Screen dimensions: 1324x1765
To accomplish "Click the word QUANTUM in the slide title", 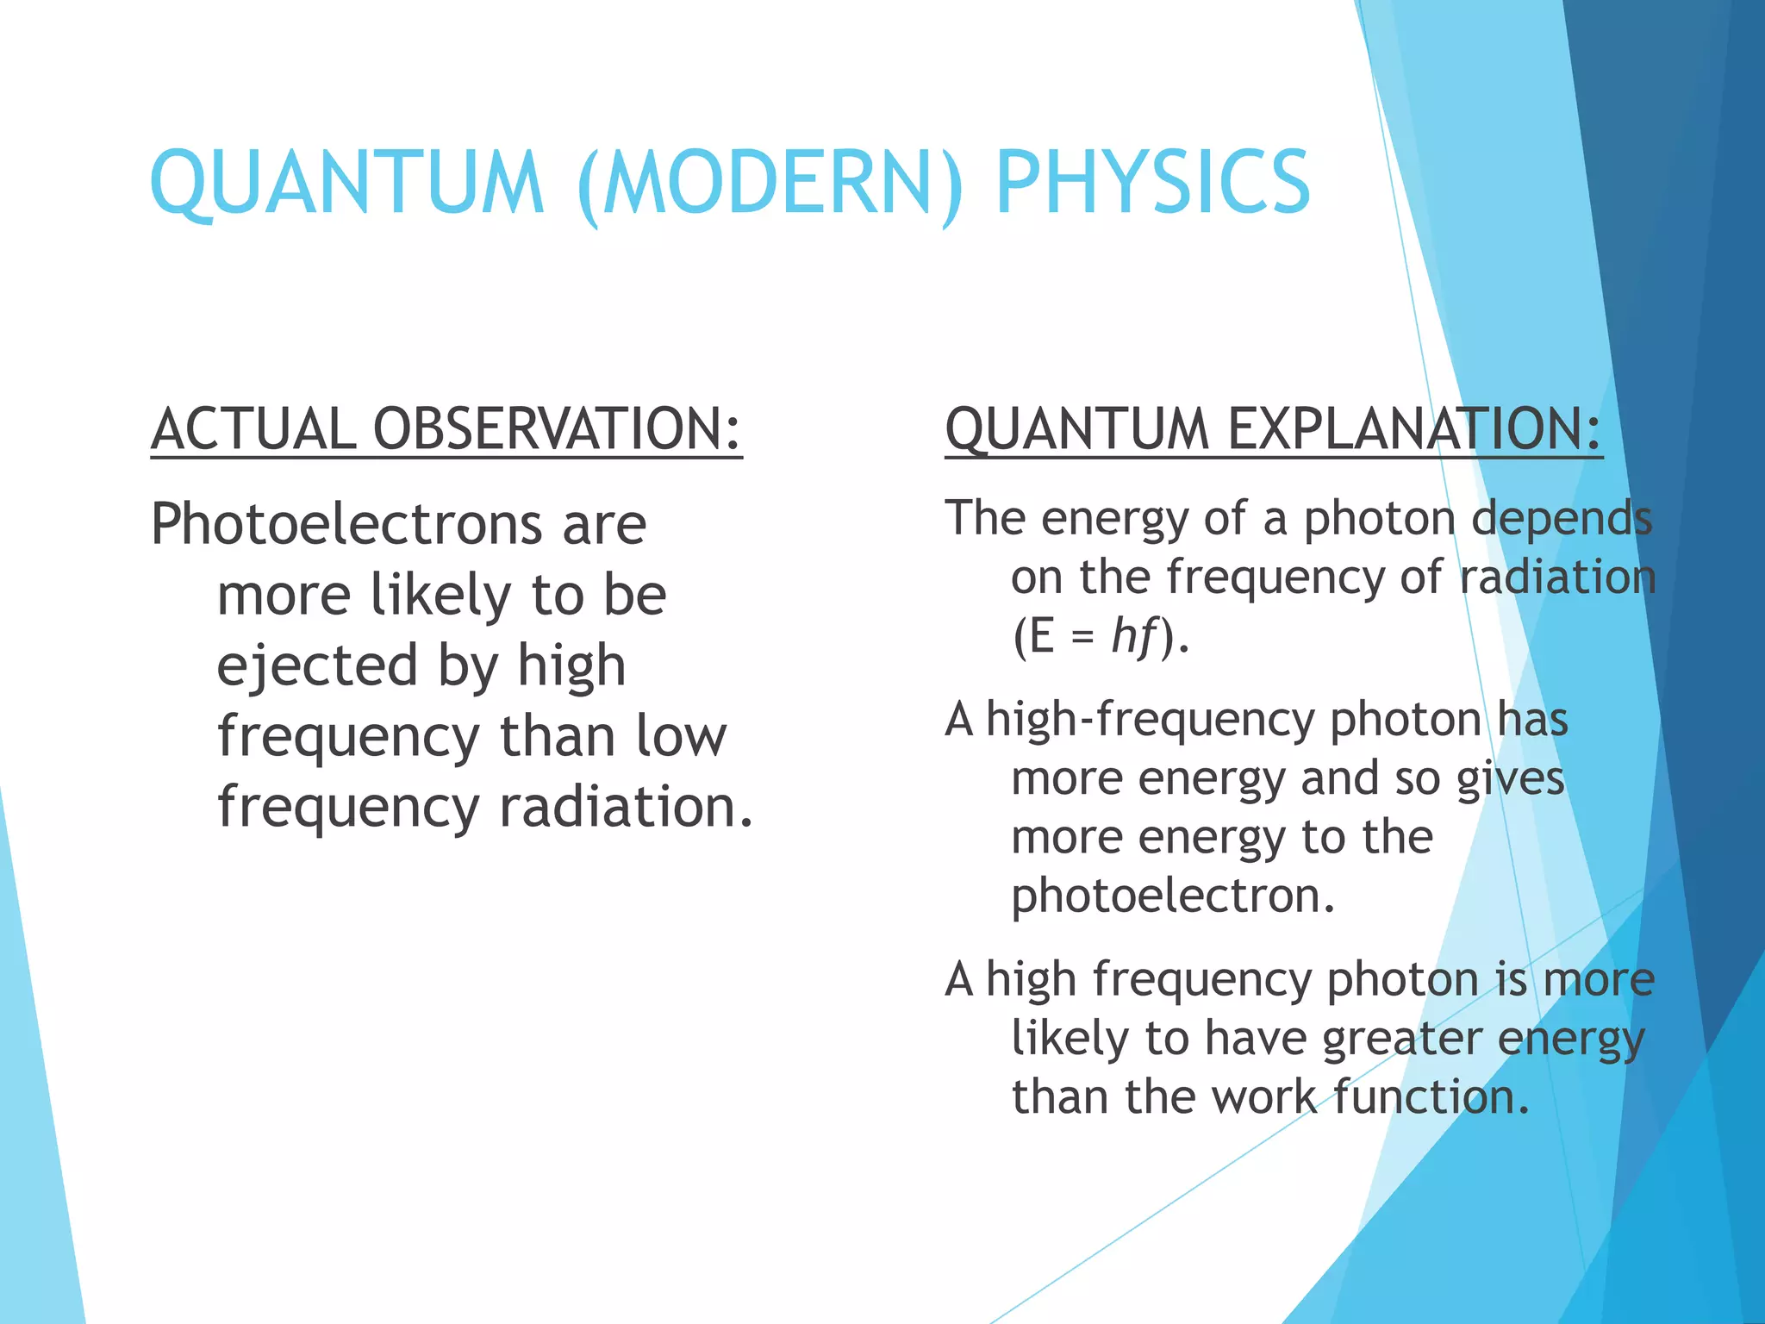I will tap(347, 183).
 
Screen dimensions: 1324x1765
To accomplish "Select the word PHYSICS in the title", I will tap(1152, 183).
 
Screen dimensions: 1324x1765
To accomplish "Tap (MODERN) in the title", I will tap(770, 183).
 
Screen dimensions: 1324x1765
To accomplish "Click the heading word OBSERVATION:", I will tap(557, 428).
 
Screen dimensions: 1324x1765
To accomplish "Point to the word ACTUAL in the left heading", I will tap(253, 428).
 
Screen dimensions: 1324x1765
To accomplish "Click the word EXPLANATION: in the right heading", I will tap(1414, 428).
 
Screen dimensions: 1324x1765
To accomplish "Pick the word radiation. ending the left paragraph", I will tap(627, 807).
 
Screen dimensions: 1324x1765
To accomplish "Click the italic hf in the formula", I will tap(1134, 636).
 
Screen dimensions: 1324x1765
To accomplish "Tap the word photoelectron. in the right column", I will tap(1173, 896).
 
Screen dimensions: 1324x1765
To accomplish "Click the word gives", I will tap(1510, 778).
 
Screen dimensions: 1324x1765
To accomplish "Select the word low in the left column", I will tap(681, 736).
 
